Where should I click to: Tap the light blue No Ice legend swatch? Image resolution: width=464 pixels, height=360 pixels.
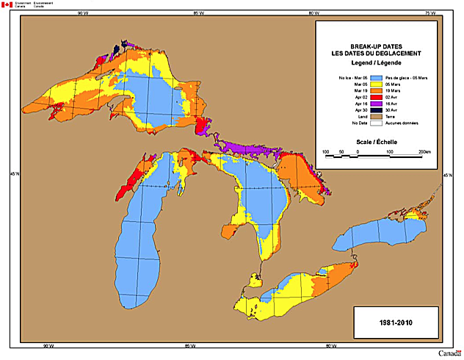click(378, 77)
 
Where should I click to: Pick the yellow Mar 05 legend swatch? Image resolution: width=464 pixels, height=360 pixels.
click(378, 85)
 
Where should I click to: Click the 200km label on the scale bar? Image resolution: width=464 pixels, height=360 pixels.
click(424, 152)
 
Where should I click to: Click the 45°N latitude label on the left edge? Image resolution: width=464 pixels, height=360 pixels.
click(7, 173)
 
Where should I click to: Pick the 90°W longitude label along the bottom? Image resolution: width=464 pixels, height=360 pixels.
click(48, 346)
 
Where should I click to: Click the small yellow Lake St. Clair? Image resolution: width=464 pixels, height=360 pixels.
click(256, 280)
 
